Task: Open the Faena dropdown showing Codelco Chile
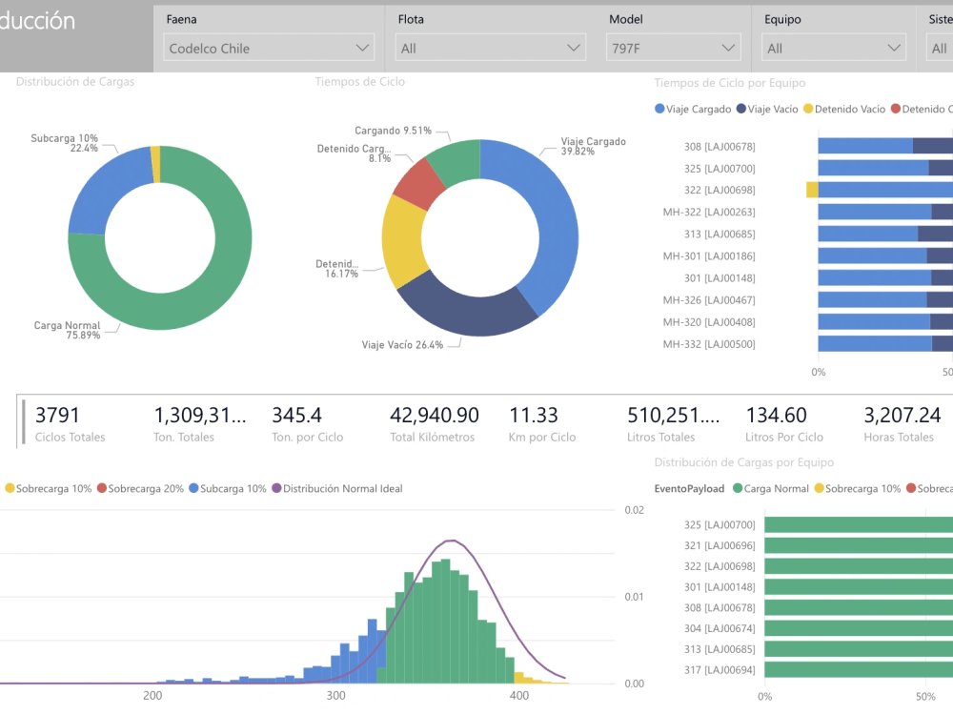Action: (269, 48)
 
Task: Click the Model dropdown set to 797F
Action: (673, 48)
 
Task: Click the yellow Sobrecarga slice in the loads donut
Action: (155, 165)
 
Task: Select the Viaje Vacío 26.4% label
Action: (402, 345)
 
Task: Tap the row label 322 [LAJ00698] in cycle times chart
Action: (720, 190)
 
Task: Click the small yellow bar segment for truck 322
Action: (812, 190)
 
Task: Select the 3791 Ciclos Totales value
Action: (58, 416)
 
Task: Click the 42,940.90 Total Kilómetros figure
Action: (435, 416)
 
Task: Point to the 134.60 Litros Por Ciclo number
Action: (776, 416)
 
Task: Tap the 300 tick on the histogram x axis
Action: (335, 696)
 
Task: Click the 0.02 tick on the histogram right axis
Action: (634, 510)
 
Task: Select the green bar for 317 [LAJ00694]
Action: (858, 670)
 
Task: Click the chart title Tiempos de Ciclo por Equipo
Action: (730, 83)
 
